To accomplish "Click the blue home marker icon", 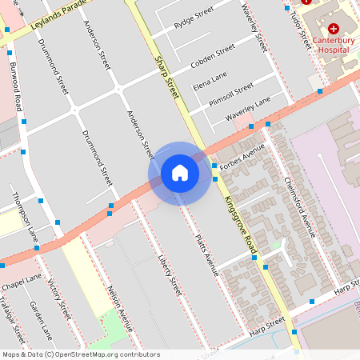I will pos(179,173).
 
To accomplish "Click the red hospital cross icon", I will pos(333,28).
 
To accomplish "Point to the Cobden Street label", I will pos(212,56).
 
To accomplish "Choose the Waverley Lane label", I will pos(247,109).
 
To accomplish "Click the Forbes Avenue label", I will pos(242,157).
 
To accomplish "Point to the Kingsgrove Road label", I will pos(239,222).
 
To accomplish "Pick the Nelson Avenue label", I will pos(119,308).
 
